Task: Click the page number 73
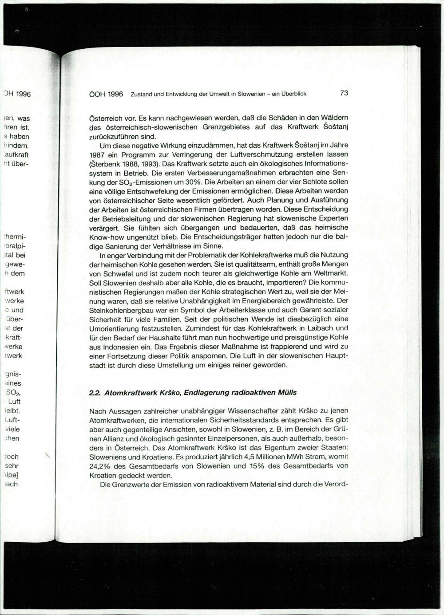point(344,93)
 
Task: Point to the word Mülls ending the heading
point(287,393)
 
